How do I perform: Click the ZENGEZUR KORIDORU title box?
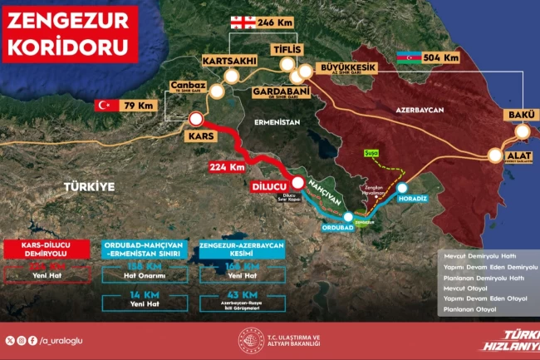point(70,32)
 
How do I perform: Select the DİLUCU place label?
point(268,188)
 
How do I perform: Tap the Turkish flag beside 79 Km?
point(106,105)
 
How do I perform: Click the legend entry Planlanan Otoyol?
point(470,309)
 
